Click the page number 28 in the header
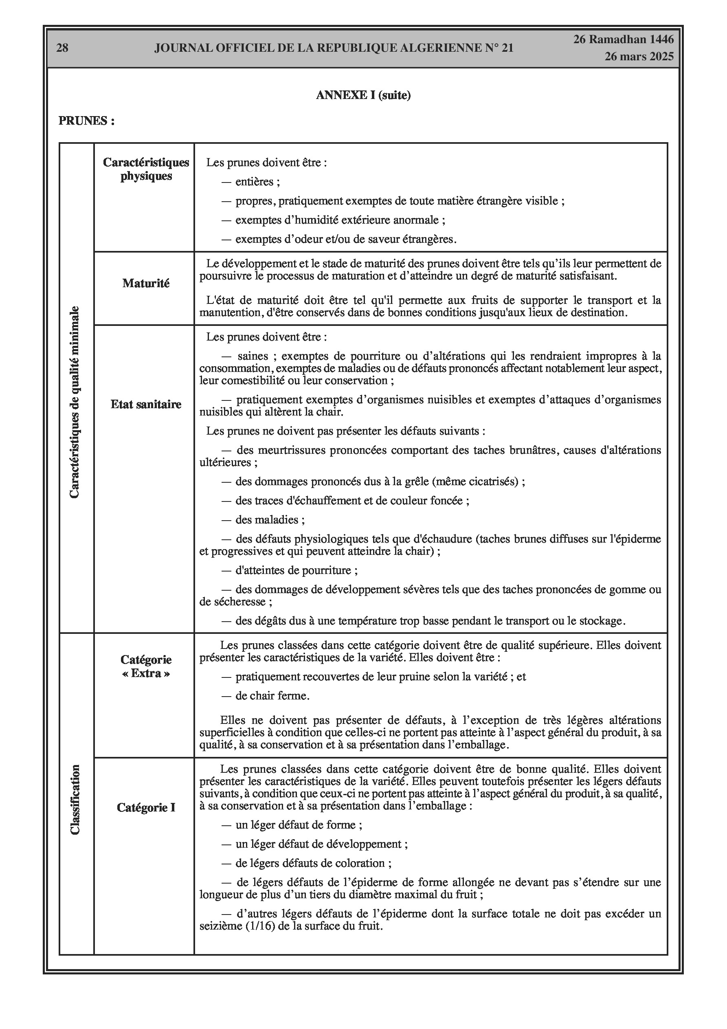[62, 48]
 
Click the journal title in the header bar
[334, 48]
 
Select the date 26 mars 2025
[639, 57]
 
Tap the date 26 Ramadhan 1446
[624, 40]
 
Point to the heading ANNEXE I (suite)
[363, 95]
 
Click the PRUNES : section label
[86, 121]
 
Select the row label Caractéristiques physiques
[146, 169]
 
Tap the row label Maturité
[146, 283]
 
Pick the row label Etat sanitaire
[146, 404]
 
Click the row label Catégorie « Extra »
[146, 666]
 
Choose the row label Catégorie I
[146, 808]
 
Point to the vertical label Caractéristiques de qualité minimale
[75, 402]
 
